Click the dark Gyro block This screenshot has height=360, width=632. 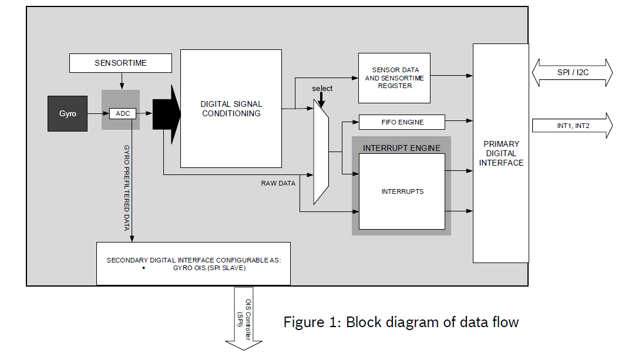[68, 113]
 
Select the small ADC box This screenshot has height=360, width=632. [122, 113]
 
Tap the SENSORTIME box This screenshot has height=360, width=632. [120, 63]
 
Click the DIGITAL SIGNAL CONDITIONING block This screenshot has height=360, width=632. [231, 109]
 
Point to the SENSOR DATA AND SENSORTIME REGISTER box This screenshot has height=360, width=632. [395, 78]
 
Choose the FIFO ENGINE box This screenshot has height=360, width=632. [402, 122]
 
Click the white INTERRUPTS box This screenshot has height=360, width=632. [402, 191]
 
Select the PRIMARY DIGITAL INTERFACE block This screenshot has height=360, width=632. [501, 153]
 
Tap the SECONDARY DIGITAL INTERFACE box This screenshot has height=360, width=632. [193, 263]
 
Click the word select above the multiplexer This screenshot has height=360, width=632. [322, 89]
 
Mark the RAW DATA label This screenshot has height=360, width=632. [278, 183]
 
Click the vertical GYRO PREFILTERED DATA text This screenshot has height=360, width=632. [126, 188]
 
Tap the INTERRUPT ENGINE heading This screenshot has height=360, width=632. [401, 148]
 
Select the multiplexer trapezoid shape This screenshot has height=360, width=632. [321, 152]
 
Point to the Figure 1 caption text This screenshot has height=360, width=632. [401, 322]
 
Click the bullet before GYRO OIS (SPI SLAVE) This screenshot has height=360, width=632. [144, 268]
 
